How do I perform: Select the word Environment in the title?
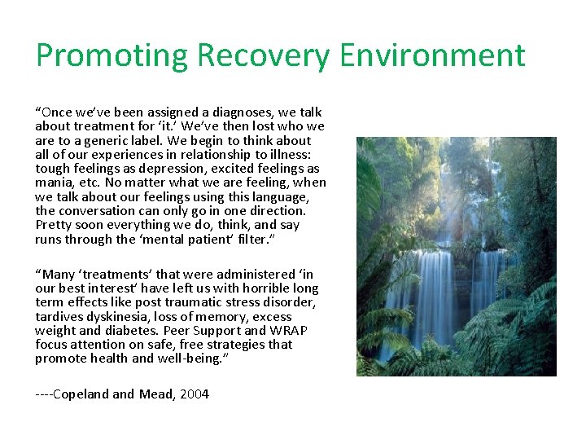[432, 56]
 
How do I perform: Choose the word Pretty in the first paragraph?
[54, 225]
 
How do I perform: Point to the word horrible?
[260, 288]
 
